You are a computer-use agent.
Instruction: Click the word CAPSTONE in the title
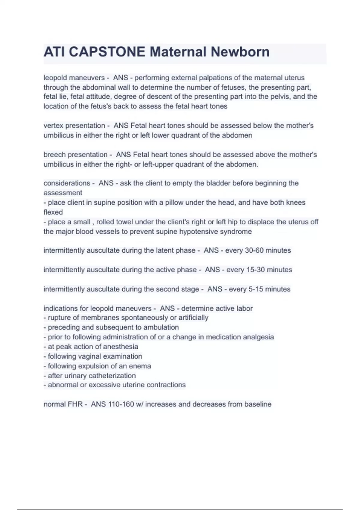click(x=107, y=52)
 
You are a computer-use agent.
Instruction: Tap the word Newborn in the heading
click(x=240, y=52)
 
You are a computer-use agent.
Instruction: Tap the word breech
click(x=54, y=155)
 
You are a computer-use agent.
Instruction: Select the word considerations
click(x=67, y=183)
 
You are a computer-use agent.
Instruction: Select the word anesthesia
click(x=120, y=347)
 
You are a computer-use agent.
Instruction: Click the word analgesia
click(x=258, y=337)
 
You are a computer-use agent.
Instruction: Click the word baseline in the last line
click(x=258, y=404)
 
